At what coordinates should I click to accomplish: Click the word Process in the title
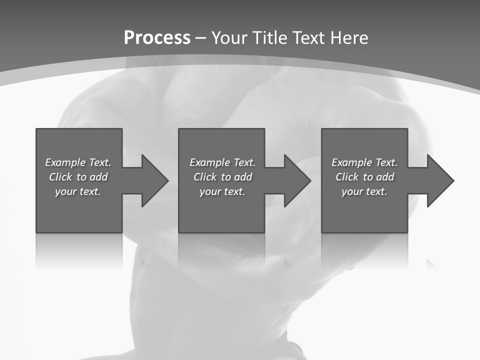coord(157,38)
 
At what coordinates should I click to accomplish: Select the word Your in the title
coord(230,38)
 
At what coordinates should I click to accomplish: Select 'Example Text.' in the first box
coord(78,162)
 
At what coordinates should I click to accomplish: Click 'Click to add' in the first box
coord(78,177)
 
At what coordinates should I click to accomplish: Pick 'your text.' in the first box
coord(78,191)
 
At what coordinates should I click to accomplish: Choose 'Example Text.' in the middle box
coord(222,162)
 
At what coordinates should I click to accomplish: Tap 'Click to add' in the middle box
coord(223,177)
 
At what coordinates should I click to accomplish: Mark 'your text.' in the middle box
coord(222,191)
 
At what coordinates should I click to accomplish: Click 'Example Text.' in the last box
coord(364,162)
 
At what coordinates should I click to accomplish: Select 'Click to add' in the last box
coord(365,177)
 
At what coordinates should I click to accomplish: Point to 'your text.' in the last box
coord(364,191)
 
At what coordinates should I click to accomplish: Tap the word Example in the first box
coord(65,162)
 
